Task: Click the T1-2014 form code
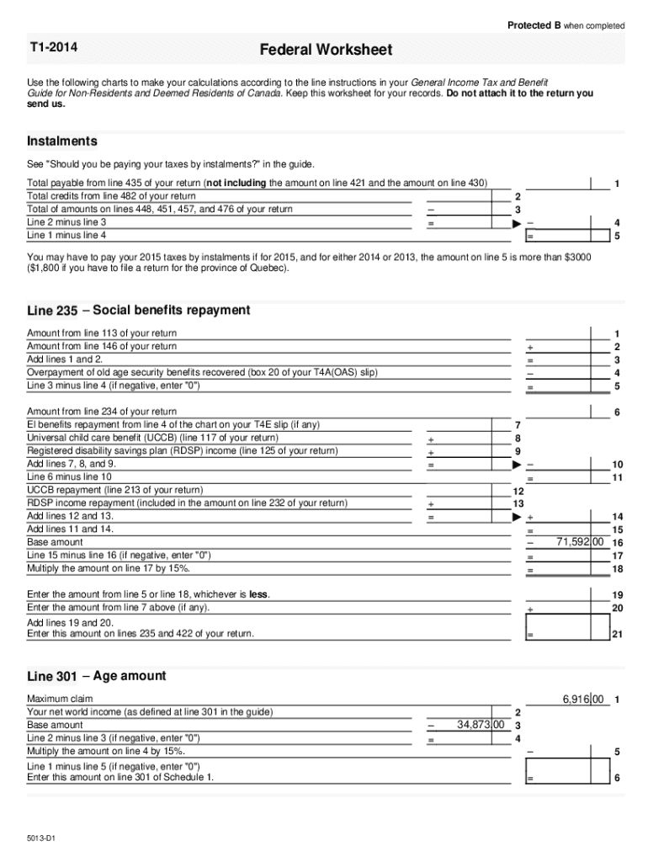click(x=53, y=48)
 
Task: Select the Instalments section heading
click(x=62, y=141)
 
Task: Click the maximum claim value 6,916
click(x=583, y=699)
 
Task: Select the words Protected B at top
click(x=534, y=25)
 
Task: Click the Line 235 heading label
click(x=52, y=311)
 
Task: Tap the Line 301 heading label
click(x=52, y=676)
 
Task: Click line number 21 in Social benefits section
click(x=617, y=634)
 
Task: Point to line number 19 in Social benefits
click(x=617, y=594)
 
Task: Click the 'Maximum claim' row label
click(x=59, y=699)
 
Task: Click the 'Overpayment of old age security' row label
click(x=202, y=372)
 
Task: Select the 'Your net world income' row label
click(x=150, y=711)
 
